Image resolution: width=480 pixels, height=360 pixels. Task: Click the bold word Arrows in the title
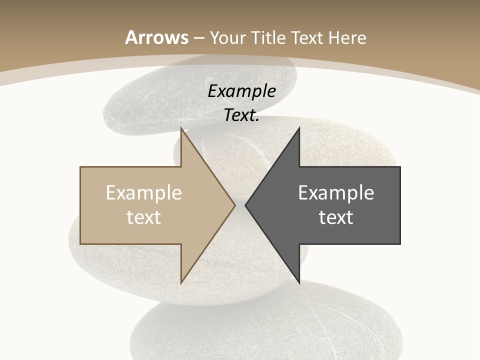(x=157, y=37)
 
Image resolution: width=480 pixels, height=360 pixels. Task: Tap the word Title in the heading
(x=269, y=37)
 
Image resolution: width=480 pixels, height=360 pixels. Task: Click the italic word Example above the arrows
(x=241, y=91)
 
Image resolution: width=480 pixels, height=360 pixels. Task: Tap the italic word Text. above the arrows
(x=241, y=115)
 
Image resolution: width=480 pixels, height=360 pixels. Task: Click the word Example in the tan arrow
(x=144, y=193)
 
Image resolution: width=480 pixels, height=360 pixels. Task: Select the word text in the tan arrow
(x=144, y=217)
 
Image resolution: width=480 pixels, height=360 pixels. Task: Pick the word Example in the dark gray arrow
(x=336, y=193)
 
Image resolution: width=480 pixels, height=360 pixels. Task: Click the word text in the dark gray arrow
(x=336, y=217)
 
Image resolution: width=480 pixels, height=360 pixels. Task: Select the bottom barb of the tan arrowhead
(x=182, y=280)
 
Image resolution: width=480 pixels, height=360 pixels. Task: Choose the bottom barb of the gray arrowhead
(x=298, y=280)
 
